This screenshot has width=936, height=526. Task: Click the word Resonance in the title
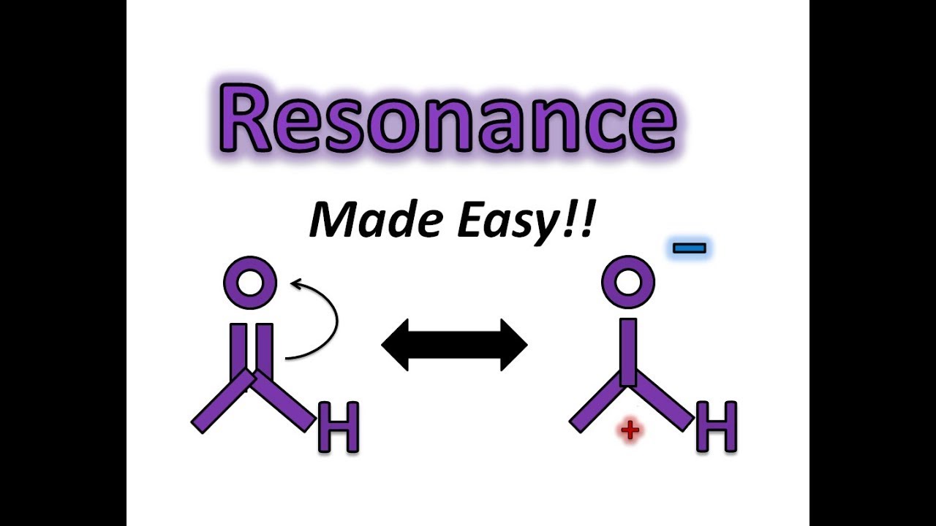click(x=448, y=118)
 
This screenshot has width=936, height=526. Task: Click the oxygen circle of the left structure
click(x=250, y=282)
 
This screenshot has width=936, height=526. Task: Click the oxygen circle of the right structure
click(x=627, y=282)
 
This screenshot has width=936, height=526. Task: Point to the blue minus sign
click(x=689, y=248)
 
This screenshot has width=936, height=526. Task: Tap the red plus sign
click(x=630, y=430)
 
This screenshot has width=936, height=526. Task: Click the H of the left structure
click(x=339, y=427)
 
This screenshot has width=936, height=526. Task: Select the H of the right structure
click(x=717, y=427)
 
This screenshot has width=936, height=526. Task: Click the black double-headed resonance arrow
click(x=454, y=344)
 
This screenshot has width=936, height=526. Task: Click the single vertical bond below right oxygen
click(x=628, y=351)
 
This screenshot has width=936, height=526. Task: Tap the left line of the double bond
click(x=238, y=351)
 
